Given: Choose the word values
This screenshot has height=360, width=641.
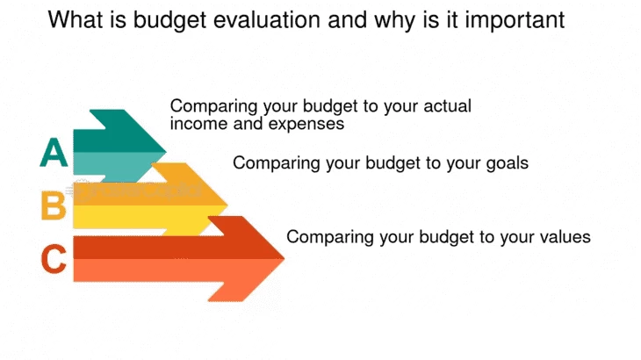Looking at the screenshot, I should click(x=564, y=236).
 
